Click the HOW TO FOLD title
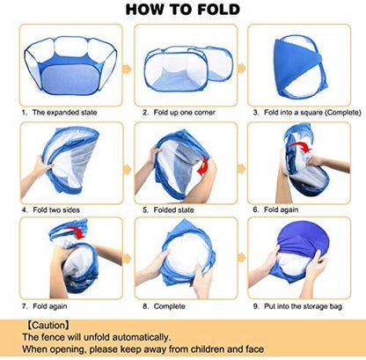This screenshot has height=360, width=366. point(183,9)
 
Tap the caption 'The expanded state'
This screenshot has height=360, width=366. point(64,113)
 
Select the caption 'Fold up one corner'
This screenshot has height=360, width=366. point(184,113)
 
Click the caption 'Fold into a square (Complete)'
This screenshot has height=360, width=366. point(312,113)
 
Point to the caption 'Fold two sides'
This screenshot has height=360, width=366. point(56,209)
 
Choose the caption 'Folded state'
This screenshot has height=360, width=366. point(173,209)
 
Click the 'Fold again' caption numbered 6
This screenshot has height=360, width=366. point(281,209)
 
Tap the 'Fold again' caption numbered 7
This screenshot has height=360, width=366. point(50,306)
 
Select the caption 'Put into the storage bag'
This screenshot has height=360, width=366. point(303,306)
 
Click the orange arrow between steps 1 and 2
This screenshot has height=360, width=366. point(127,69)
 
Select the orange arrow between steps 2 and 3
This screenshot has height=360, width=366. point(241,69)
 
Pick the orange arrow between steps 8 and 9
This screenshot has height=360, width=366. point(241,257)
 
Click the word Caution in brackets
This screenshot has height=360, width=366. point(48,326)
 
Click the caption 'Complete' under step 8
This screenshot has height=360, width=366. point(169,306)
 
